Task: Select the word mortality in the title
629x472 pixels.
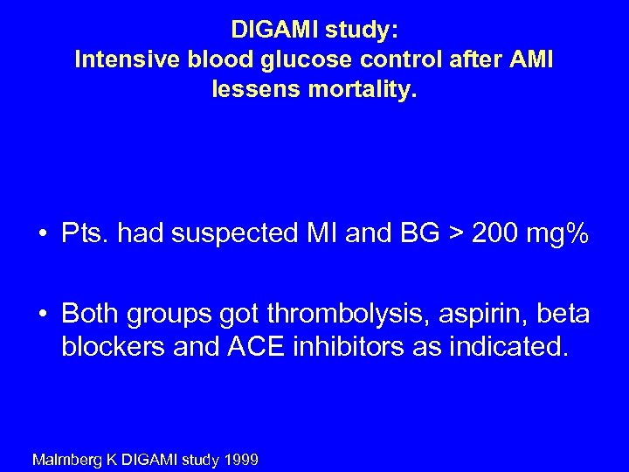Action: click(x=362, y=89)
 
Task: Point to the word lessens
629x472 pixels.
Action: click(x=254, y=89)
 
